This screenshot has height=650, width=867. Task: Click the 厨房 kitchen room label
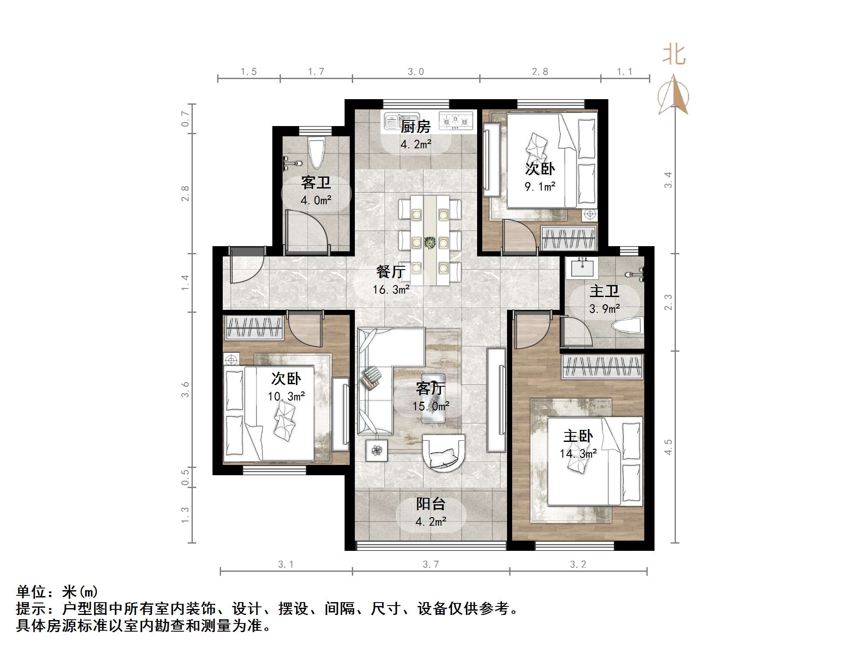point(415,126)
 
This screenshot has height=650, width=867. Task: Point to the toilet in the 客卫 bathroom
point(316,153)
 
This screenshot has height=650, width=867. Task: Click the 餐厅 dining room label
point(391,271)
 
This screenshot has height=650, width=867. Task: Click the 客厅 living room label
point(430,388)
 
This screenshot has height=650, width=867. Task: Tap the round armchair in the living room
point(444,453)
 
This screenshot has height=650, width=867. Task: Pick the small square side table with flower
point(376,450)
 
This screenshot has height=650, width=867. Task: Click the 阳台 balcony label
point(431,504)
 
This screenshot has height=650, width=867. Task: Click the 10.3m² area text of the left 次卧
point(286,396)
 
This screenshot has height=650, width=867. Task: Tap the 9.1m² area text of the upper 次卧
point(540,186)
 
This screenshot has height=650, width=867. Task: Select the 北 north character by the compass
point(674,55)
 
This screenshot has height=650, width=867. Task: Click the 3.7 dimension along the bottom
point(431,564)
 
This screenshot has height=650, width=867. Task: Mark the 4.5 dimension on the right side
point(668,447)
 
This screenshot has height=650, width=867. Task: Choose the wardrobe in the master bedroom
point(602,367)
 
